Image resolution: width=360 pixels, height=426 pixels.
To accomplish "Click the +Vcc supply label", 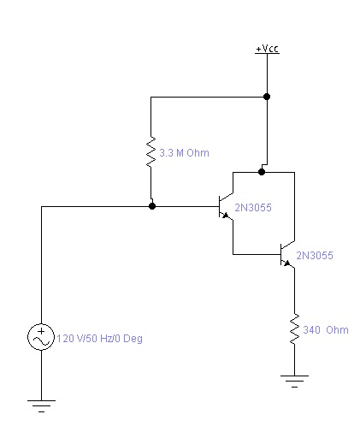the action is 267,49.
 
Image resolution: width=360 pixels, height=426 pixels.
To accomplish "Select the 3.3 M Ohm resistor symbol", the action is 150,151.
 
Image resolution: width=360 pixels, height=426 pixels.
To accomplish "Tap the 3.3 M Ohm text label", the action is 184,153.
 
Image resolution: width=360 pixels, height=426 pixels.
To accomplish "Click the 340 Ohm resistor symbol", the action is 294,328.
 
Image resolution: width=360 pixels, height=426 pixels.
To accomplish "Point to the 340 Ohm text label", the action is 326,330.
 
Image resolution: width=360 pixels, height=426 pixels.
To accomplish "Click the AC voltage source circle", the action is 41,337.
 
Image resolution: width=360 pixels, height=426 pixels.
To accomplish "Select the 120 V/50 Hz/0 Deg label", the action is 99,339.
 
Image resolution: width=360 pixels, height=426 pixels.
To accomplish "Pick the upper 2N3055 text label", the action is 253,208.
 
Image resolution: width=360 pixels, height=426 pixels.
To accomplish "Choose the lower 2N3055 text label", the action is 315,256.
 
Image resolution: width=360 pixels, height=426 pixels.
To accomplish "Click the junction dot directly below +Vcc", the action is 267,97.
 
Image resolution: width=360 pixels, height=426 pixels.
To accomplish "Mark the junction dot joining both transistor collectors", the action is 262,172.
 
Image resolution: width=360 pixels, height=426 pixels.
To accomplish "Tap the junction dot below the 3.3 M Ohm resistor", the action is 152,206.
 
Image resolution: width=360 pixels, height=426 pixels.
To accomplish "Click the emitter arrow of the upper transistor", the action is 226,216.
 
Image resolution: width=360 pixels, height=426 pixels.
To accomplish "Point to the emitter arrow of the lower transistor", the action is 287,263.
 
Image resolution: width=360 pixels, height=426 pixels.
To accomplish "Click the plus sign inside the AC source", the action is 42,331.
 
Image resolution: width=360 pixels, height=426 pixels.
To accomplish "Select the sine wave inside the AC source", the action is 41,340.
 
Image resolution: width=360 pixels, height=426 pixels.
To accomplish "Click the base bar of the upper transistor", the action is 219,206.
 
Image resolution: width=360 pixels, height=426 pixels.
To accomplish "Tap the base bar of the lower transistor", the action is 280,254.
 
